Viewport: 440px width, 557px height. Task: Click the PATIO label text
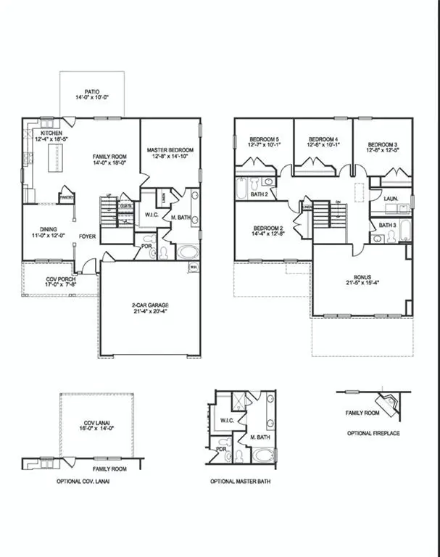pos(91,91)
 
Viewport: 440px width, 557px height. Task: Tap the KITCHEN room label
pos(51,133)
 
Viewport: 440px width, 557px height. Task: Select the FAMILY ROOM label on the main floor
pos(109,157)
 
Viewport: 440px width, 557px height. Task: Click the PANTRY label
pos(67,196)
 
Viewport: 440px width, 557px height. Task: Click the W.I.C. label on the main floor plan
pos(151,214)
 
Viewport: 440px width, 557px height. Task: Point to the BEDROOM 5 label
pos(265,139)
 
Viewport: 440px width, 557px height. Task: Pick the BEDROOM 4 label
pos(323,139)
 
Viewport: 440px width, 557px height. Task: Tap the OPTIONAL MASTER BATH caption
pos(244,482)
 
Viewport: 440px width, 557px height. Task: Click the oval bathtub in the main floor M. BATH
pos(187,253)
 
